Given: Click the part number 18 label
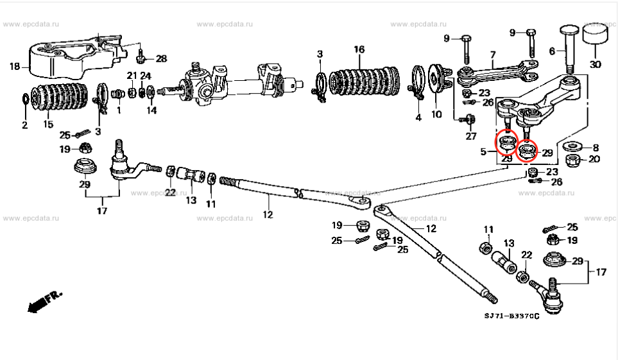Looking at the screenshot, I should point(13,65).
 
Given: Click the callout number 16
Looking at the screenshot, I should point(359,49).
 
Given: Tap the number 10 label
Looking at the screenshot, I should point(436,115).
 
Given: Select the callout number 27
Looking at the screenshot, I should point(471,135).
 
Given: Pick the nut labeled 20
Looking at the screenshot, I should point(574,159).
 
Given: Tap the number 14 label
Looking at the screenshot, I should point(151,110).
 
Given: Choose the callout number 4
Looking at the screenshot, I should point(418,117).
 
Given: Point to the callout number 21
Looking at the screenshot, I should point(132,76).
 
